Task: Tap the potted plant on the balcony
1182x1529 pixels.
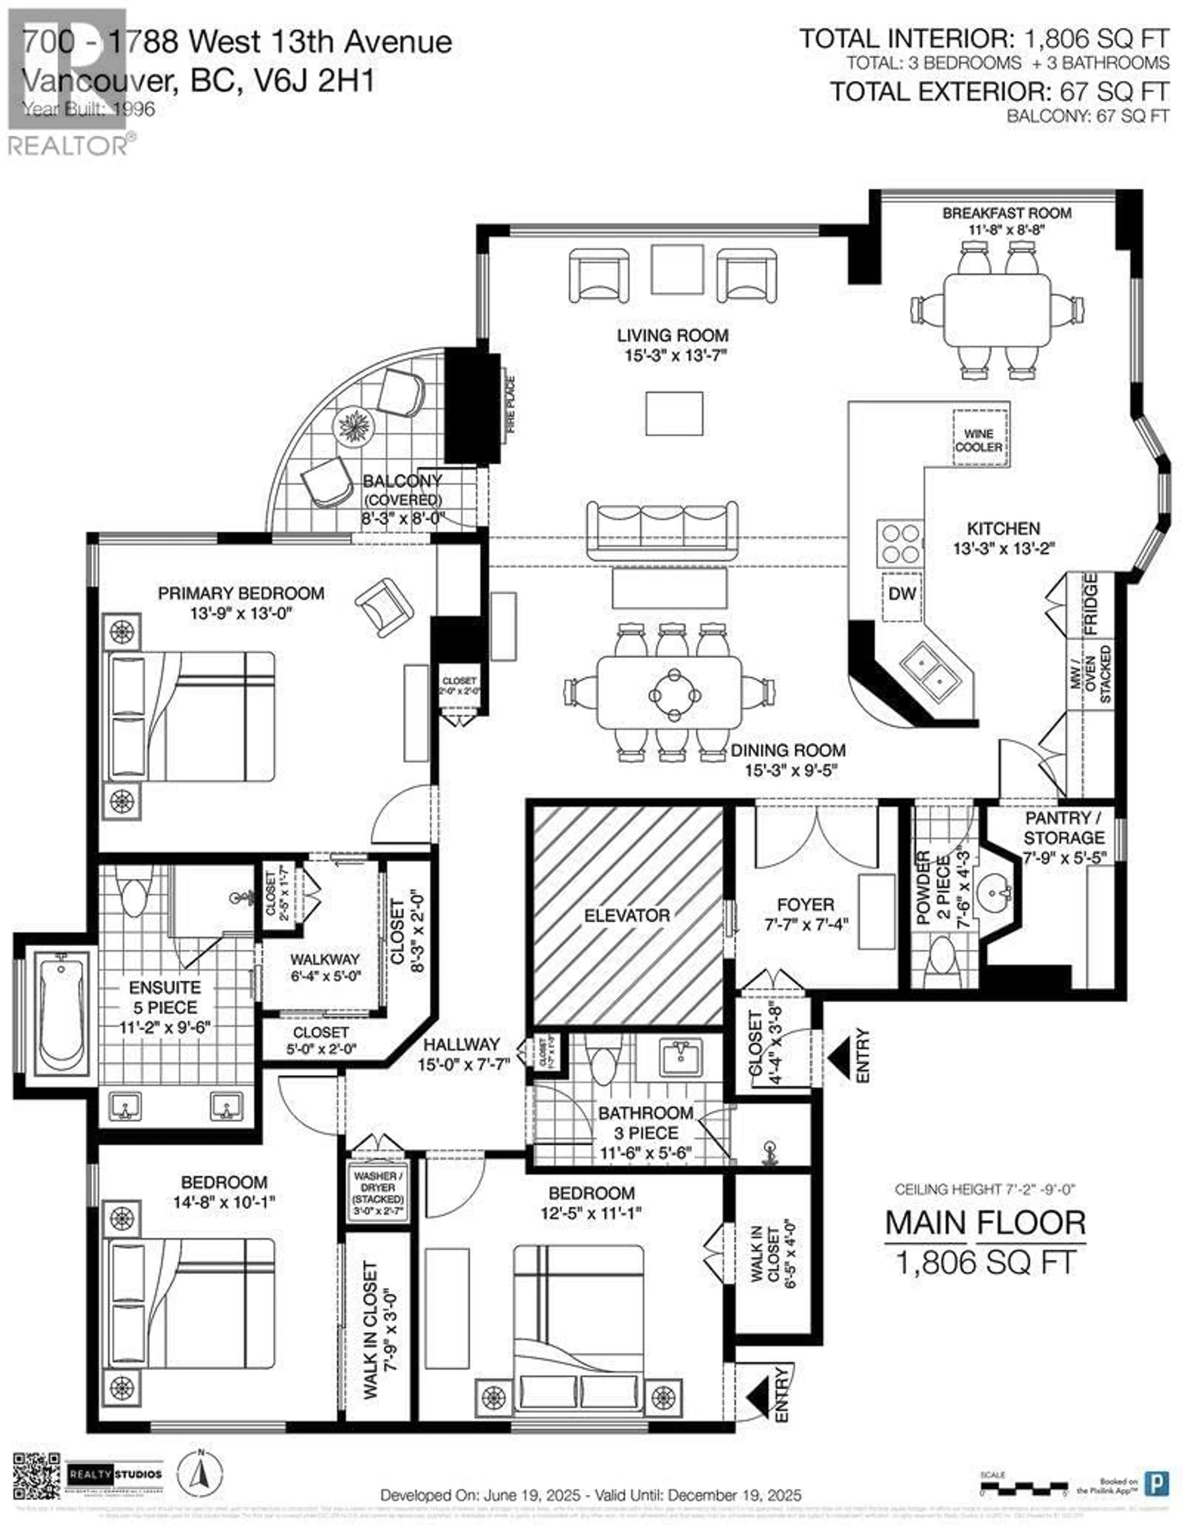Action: (x=356, y=425)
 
